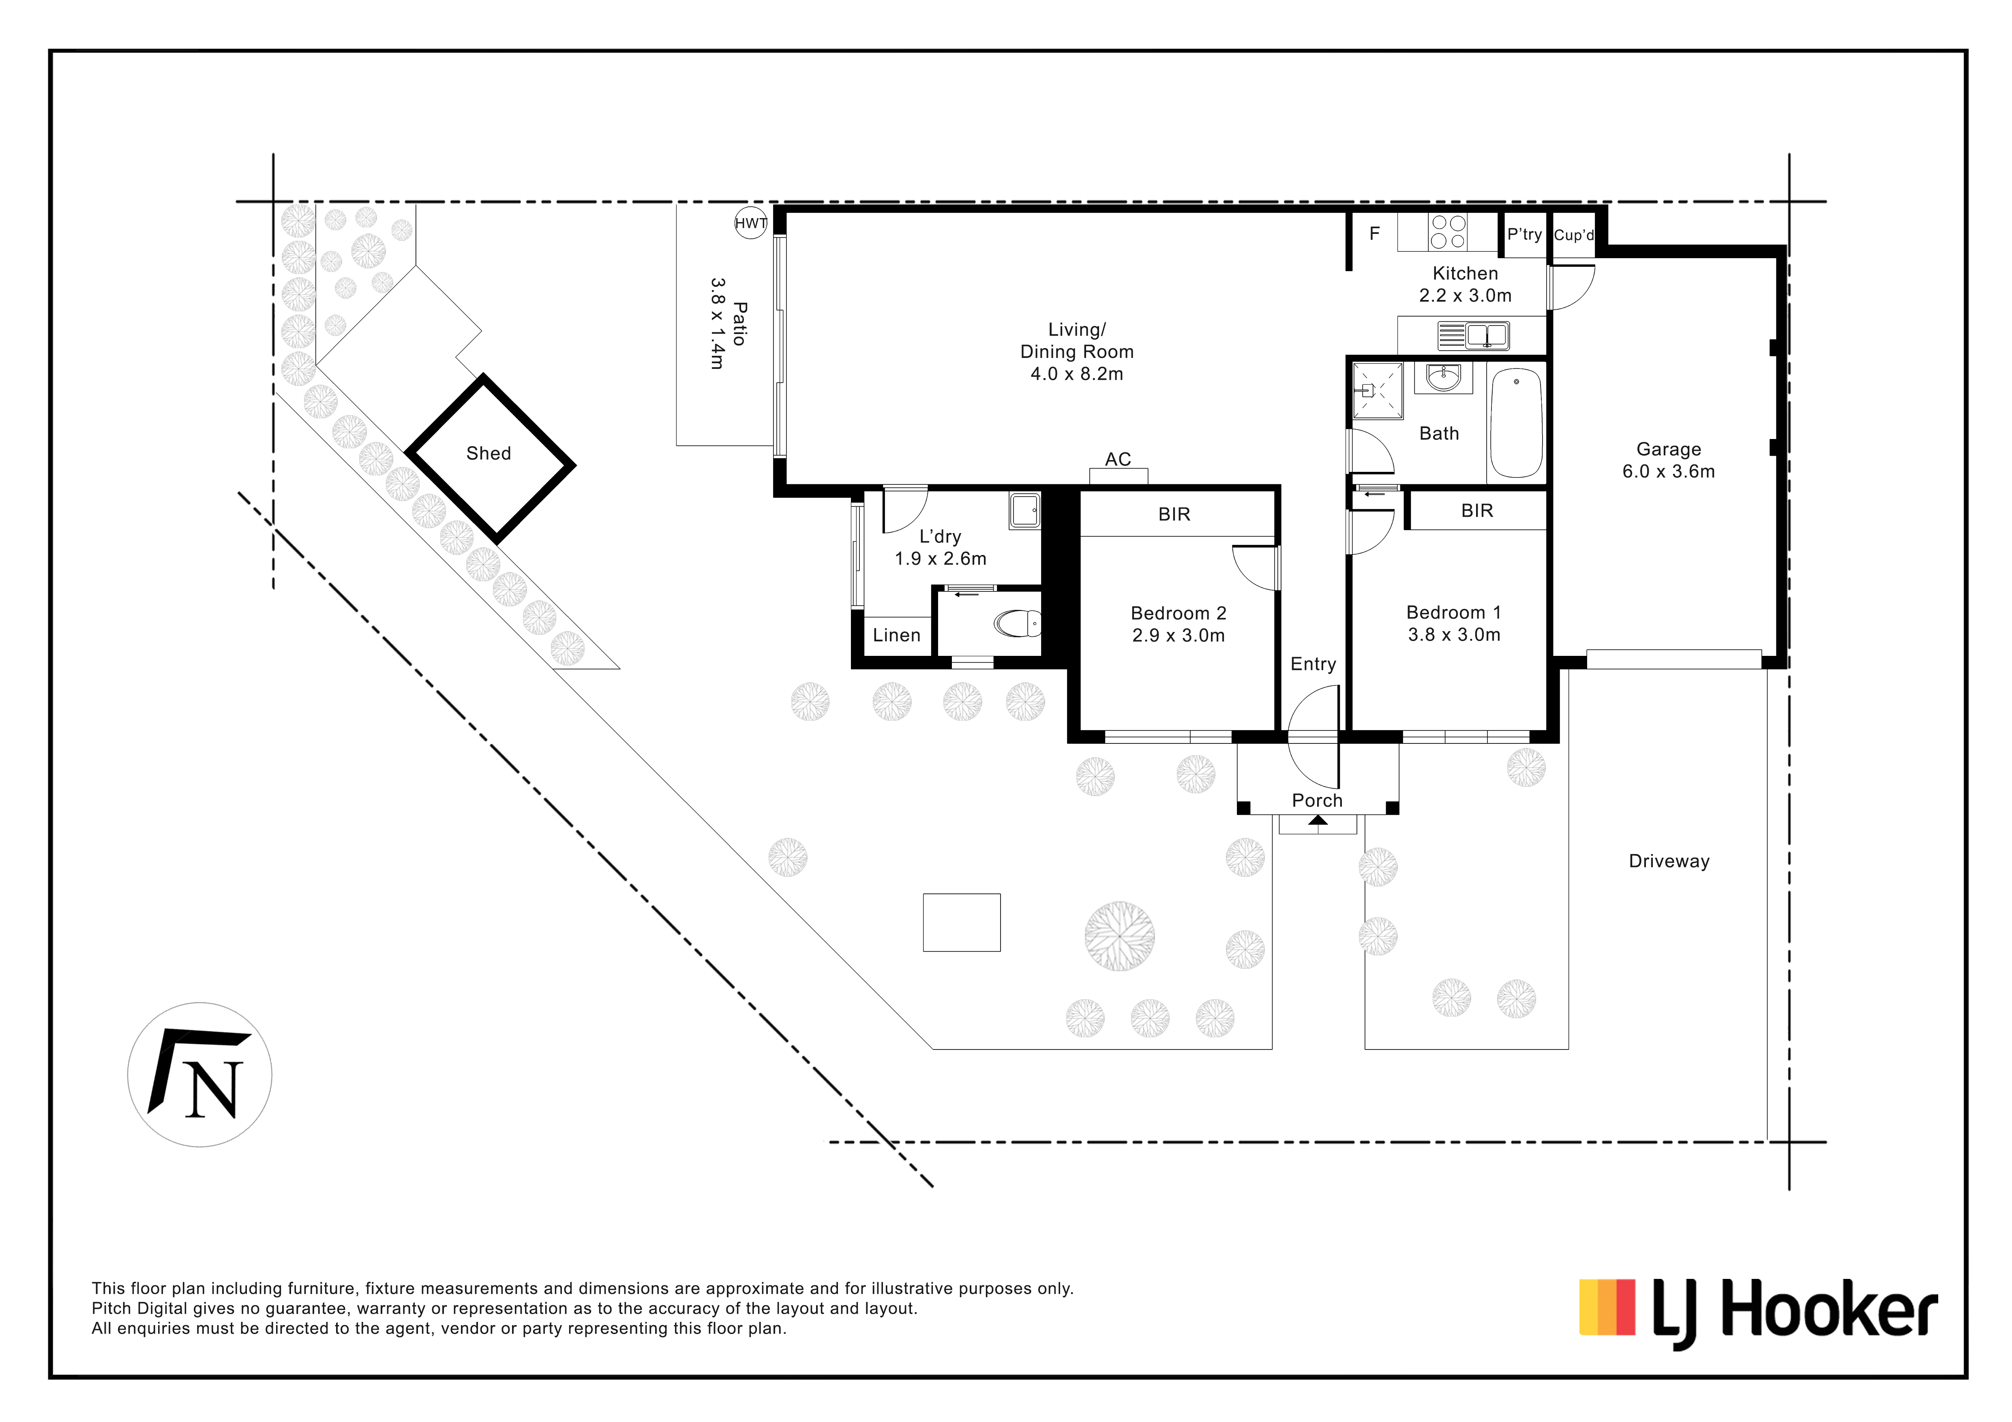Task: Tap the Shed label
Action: [x=488, y=453]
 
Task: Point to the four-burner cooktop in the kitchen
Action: [x=1448, y=232]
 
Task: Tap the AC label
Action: [x=1118, y=459]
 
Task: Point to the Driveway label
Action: [x=1669, y=861]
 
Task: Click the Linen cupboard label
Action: [x=896, y=635]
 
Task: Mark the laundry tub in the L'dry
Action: [x=1024, y=510]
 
